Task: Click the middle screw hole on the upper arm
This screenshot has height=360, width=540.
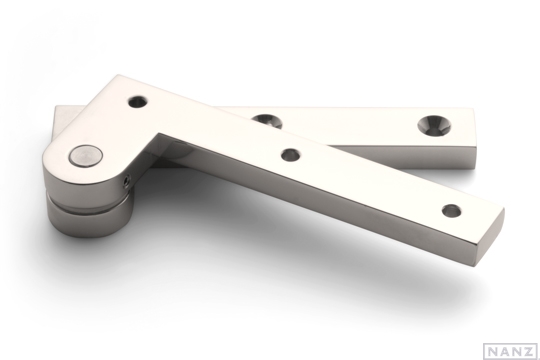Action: [x=291, y=155]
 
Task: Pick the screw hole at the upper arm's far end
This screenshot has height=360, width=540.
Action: [x=451, y=211]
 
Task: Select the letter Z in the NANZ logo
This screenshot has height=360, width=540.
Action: [x=526, y=350]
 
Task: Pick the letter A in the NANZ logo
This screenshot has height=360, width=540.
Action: [x=503, y=350]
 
